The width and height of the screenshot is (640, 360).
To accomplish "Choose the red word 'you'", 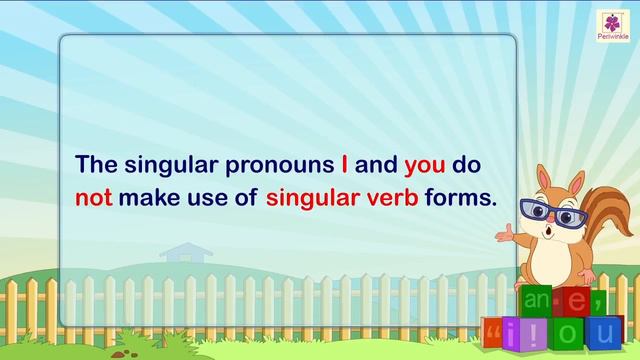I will click(425, 163).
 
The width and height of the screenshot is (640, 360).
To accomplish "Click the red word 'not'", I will click(94, 197).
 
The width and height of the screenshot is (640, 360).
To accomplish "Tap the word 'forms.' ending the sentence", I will click(461, 197).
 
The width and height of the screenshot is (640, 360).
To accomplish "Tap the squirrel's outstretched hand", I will click(515, 236).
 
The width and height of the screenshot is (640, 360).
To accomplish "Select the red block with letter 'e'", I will click(573, 297).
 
